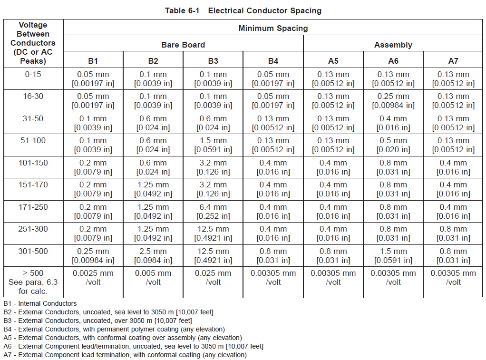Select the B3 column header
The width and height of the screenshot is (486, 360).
(213, 61)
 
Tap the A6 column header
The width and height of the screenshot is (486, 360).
(393, 61)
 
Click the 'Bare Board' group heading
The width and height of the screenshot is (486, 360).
(183, 45)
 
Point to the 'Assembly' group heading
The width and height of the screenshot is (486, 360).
(393, 45)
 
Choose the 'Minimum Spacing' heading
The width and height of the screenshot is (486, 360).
(273, 28)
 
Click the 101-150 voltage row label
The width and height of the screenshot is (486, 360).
(33, 163)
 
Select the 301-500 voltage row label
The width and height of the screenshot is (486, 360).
(33, 251)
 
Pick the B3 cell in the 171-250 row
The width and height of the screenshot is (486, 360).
(213, 211)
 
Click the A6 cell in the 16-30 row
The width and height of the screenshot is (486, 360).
(393, 101)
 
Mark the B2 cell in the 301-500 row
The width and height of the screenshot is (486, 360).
(153, 255)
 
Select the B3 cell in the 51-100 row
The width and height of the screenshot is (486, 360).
(213, 145)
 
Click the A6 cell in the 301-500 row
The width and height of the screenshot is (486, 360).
(393, 255)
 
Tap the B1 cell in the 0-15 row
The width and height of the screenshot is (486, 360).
(93, 79)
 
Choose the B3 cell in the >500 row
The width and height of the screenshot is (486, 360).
(213, 277)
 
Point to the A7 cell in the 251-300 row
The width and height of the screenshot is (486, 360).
(453, 234)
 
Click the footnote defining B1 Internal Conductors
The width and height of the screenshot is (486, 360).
(40, 303)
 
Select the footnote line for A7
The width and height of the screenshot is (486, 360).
(125, 355)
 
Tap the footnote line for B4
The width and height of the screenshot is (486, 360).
(114, 329)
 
